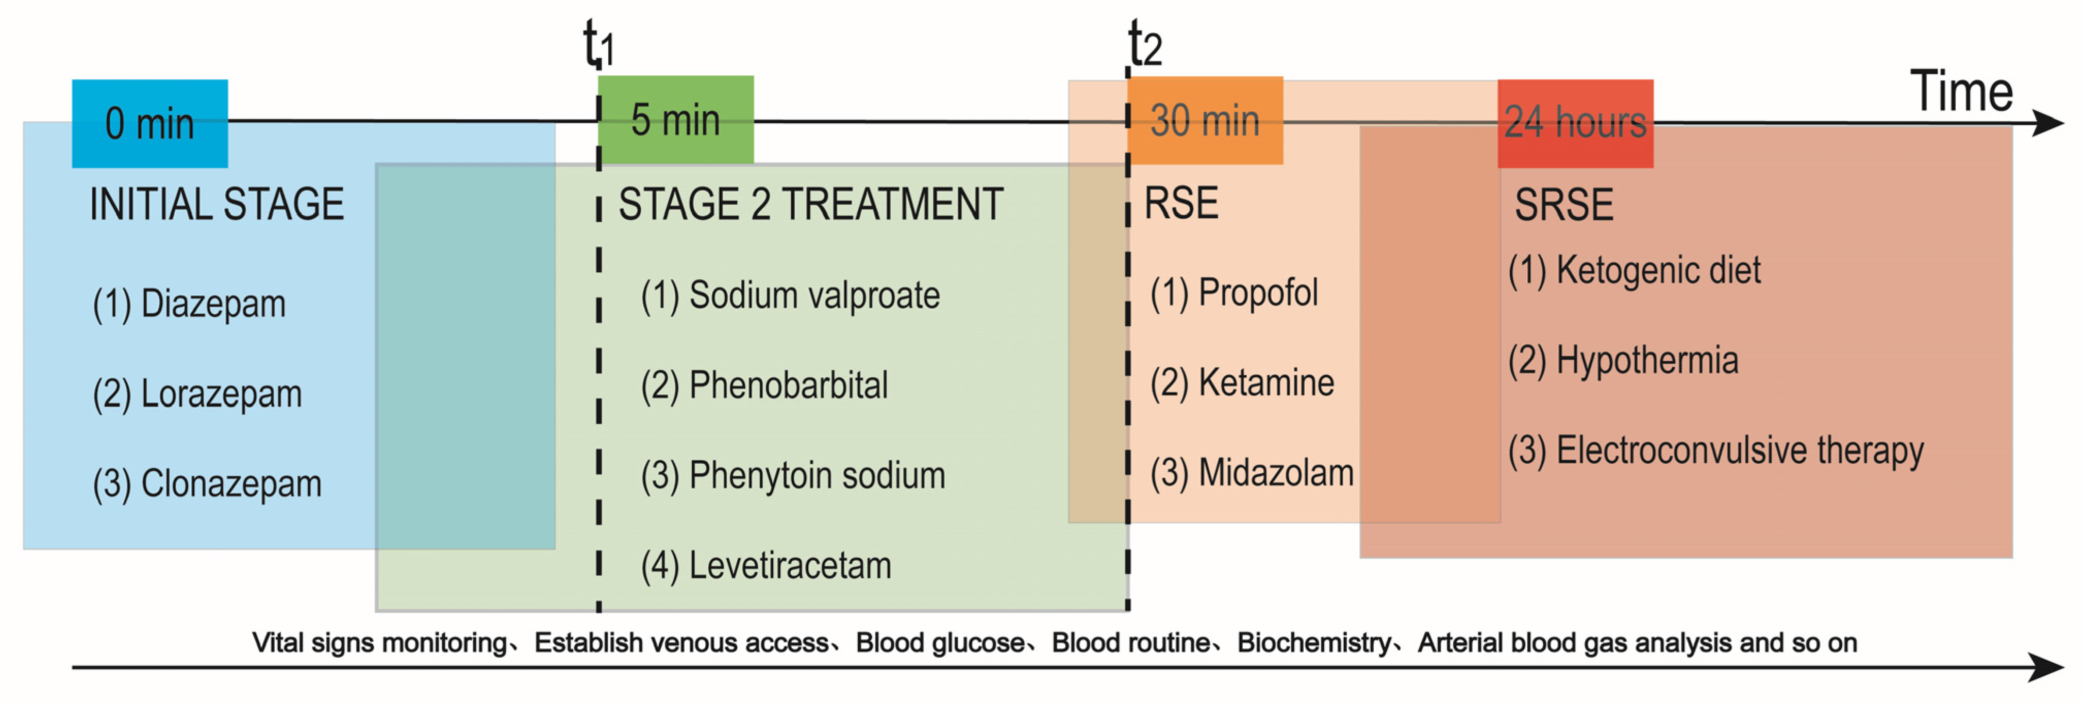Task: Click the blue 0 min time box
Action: (x=149, y=123)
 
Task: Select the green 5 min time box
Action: (x=676, y=120)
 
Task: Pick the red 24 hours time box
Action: (x=1575, y=123)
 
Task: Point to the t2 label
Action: (x=1145, y=44)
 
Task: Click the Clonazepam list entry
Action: (x=207, y=483)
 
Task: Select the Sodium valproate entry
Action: (x=790, y=295)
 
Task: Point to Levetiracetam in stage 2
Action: (x=766, y=565)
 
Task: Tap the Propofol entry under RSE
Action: (x=1234, y=293)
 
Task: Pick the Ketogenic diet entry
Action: (x=1634, y=270)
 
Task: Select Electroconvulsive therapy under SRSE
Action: (x=1715, y=450)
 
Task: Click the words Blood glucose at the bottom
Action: (x=940, y=643)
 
